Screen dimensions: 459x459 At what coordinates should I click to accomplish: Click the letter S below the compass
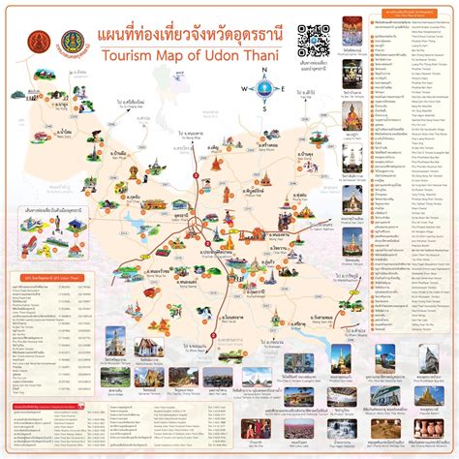pos(261,109)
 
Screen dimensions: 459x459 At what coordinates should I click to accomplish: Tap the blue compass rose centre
pos(261,91)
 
